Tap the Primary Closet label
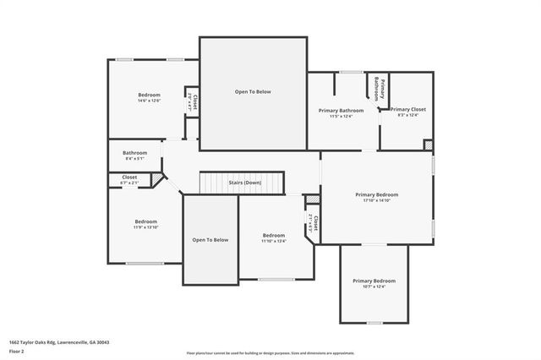click(x=407, y=110)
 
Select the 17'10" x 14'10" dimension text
click(x=375, y=201)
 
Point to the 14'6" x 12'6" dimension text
click(x=149, y=101)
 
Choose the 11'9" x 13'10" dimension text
click(x=145, y=227)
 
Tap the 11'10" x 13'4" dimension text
click(x=273, y=241)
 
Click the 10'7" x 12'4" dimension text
click(x=373, y=286)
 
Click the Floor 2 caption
click(x=17, y=350)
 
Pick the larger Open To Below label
click(x=253, y=91)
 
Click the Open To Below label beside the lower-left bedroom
click(x=210, y=240)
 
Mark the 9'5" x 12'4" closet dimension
click(x=407, y=116)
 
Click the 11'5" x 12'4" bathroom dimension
click(x=341, y=117)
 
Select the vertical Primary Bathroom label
click(x=379, y=90)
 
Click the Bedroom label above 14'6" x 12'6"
click(x=149, y=95)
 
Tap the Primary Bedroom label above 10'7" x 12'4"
click(x=373, y=281)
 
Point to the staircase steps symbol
click(x=217, y=183)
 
